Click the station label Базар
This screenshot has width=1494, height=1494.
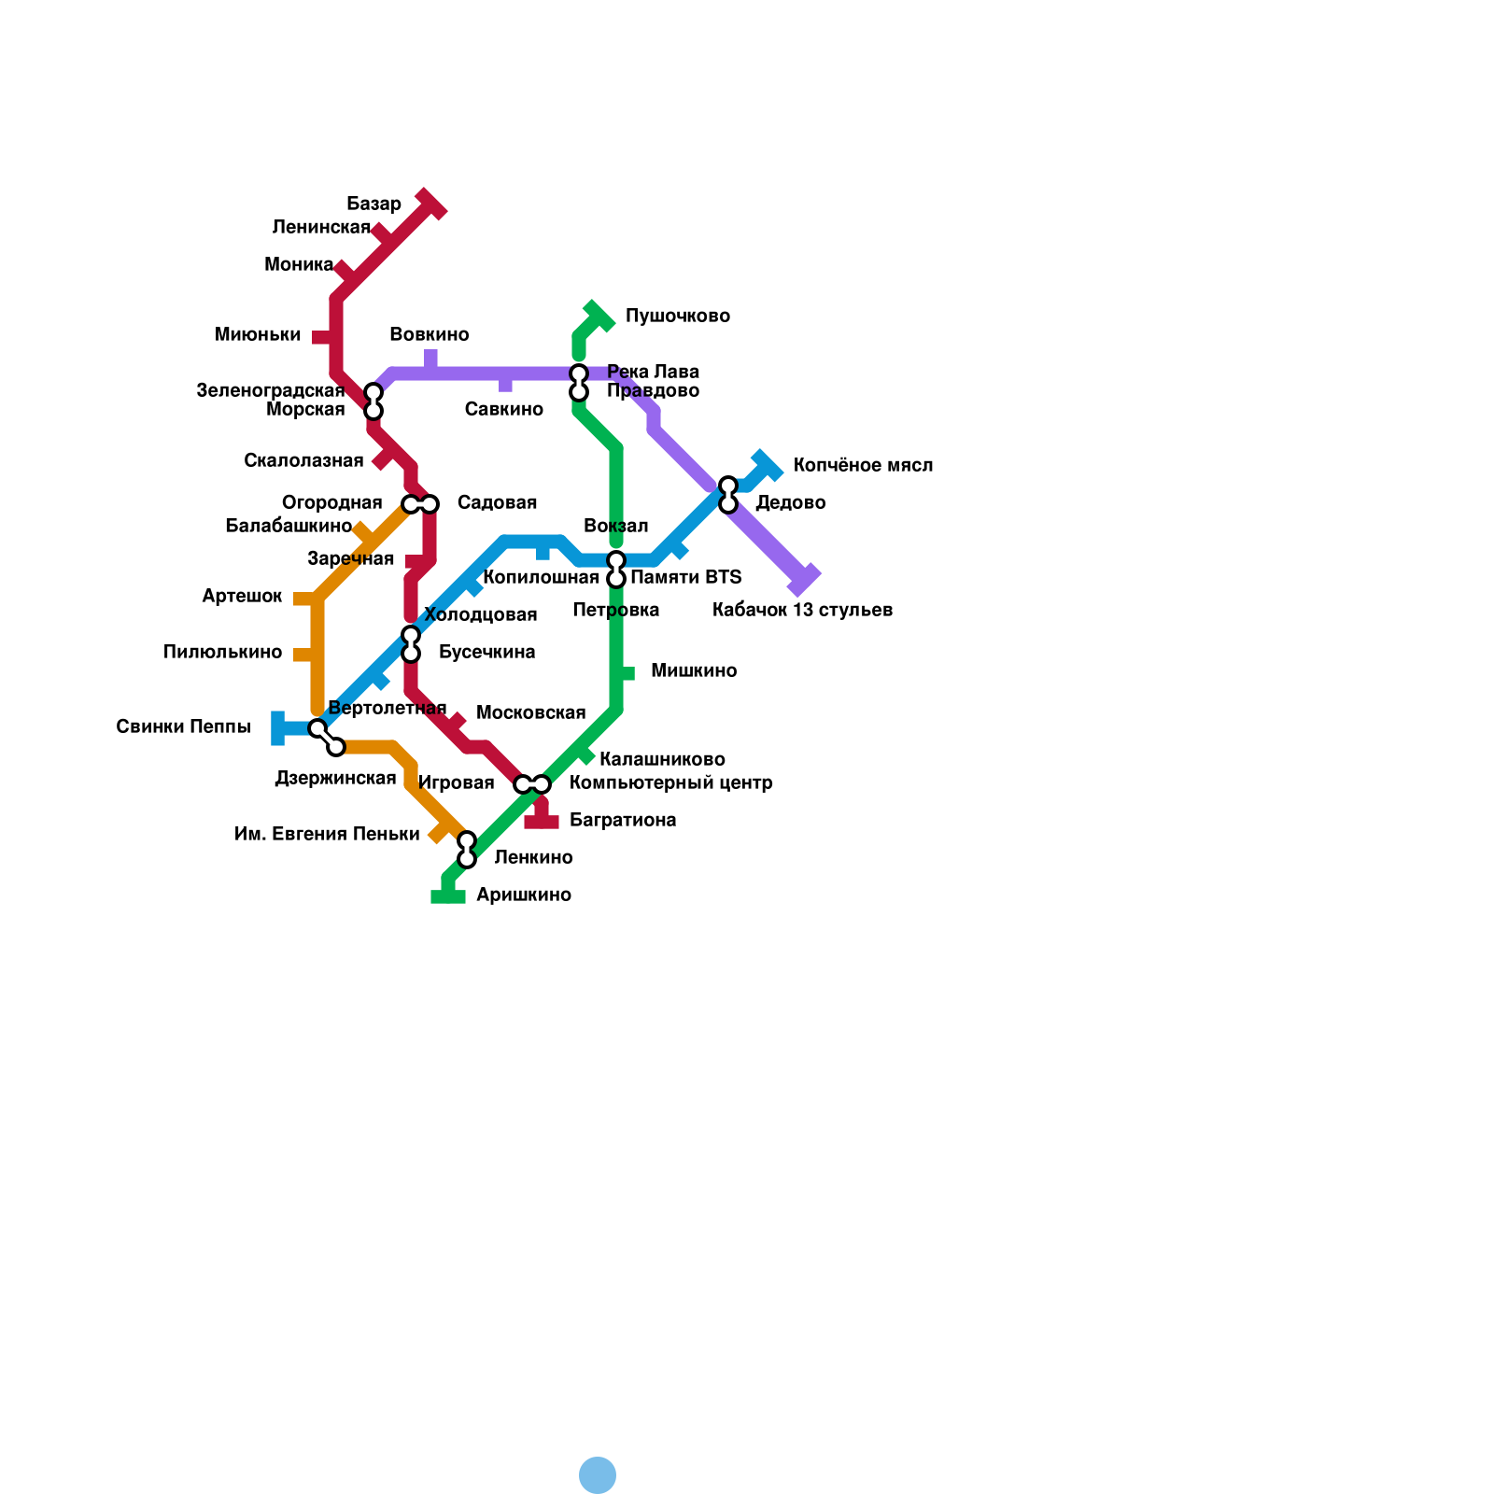click(x=373, y=204)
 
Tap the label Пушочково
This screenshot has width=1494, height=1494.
click(x=677, y=317)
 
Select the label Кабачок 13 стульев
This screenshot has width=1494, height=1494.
click(x=802, y=611)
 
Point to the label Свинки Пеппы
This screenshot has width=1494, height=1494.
click(x=183, y=727)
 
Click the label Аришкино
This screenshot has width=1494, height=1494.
click(x=523, y=895)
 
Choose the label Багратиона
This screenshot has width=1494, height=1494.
click(x=622, y=821)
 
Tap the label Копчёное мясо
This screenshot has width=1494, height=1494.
click(x=862, y=466)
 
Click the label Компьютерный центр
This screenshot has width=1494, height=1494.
click(x=670, y=783)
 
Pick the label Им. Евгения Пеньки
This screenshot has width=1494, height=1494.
click(x=327, y=835)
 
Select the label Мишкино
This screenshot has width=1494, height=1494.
click(x=693, y=671)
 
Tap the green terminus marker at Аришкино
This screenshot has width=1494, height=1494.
click(x=448, y=896)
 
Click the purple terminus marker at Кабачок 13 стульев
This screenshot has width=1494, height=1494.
click(x=803, y=580)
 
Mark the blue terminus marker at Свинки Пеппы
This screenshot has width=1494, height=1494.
click(x=278, y=728)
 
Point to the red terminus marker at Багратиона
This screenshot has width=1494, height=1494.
click(x=542, y=822)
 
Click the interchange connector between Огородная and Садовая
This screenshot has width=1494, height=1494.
click(x=420, y=504)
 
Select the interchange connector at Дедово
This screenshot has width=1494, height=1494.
click(x=728, y=495)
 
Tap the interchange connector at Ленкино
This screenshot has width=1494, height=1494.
click(x=467, y=850)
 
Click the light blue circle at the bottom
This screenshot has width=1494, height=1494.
click(x=598, y=1475)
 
